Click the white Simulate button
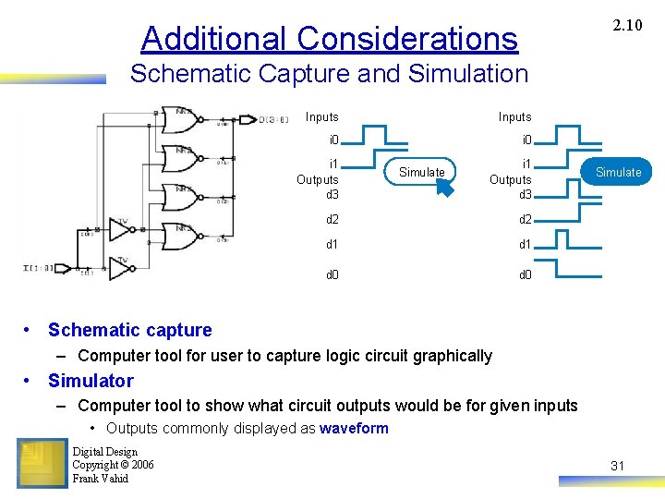[421, 172]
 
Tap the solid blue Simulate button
[618, 172]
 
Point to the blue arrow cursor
[446, 188]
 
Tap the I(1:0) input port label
[39, 268]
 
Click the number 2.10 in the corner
[627, 25]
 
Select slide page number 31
[617, 466]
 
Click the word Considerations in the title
[408, 39]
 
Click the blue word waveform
[354, 428]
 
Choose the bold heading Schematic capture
[129, 330]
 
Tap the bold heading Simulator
[91, 381]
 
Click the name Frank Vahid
[100, 479]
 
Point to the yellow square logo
[42, 463]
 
